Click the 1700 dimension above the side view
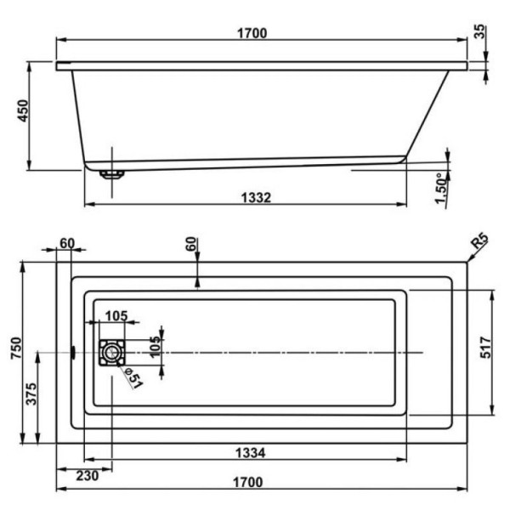pyautogui.click(x=252, y=34)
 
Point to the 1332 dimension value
pyautogui.click(x=255, y=198)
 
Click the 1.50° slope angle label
pyautogui.click(x=439, y=188)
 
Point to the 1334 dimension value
pyautogui.click(x=254, y=453)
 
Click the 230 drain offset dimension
pyautogui.click(x=86, y=476)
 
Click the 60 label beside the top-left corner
pyautogui.click(x=67, y=244)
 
